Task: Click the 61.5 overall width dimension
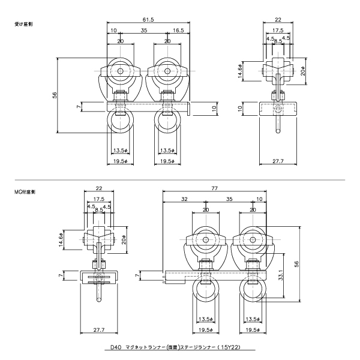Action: (x=148, y=20)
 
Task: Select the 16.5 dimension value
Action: (x=178, y=30)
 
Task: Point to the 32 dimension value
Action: (x=184, y=198)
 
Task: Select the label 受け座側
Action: (x=23, y=25)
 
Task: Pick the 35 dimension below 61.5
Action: (x=144, y=30)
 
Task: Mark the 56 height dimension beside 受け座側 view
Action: (x=54, y=95)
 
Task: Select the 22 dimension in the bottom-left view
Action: (x=98, y=188)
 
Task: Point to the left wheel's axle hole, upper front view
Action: (x=121, y=71)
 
